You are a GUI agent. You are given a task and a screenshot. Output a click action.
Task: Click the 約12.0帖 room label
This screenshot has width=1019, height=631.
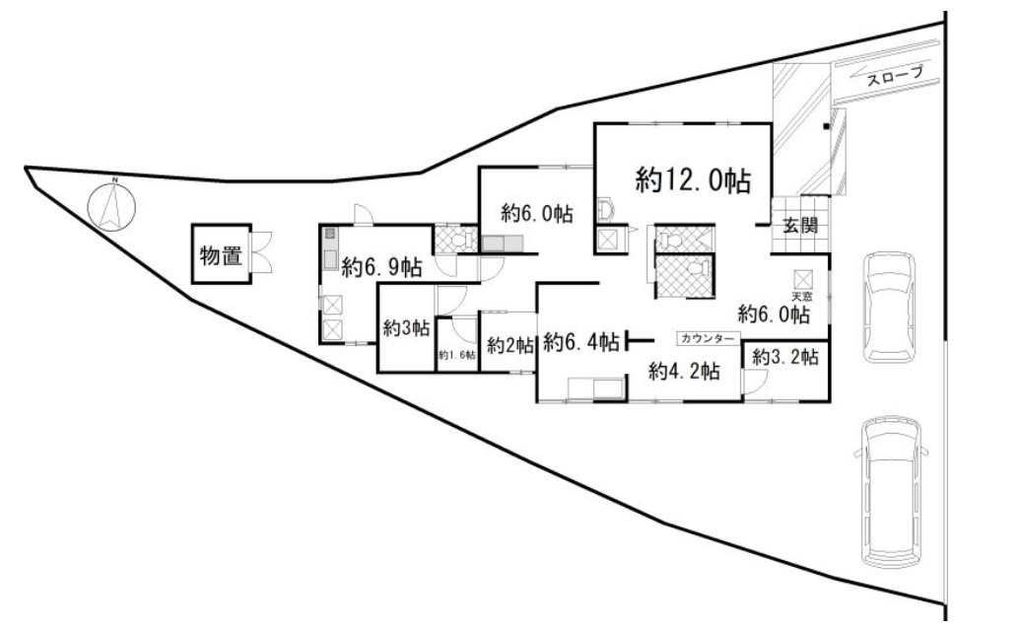pyautogui.click(x=693, y=179)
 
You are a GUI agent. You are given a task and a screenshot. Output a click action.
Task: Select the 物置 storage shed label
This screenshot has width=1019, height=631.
pyautogui.click(x=221, y=256)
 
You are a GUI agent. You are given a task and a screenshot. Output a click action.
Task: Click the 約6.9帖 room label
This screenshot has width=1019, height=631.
pyautogui.click(x=382, y=266)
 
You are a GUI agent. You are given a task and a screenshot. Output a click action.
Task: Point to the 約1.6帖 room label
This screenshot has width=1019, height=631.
pyautogui.click(x=457, y=355)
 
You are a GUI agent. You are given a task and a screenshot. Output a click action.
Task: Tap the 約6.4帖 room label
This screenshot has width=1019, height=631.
pyautogui.click(x=581, y=342)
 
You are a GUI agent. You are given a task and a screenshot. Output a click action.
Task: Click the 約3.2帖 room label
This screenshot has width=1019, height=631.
pyautogui.click(x=785, y=357)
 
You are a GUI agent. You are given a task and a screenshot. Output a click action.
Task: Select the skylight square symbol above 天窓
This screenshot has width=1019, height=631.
pyautogui.click(x=801, y=279)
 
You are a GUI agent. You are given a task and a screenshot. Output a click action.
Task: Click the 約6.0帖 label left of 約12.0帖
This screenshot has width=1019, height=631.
pyautogui.click(x=537, y=212)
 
